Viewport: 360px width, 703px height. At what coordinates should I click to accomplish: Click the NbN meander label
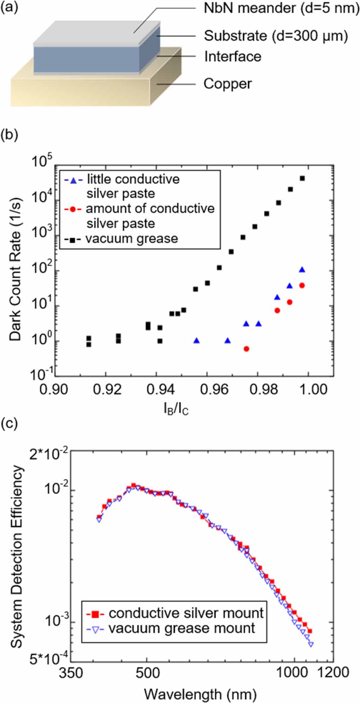coord(281,8)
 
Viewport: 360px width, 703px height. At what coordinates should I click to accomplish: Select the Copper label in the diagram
coord(228,84)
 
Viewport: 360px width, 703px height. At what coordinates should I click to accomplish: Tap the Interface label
coord(233,57)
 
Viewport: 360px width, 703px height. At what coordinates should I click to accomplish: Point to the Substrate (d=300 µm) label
coord(276,36)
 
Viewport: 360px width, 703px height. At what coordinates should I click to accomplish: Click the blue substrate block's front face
coord(86,59)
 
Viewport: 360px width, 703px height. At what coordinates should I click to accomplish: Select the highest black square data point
coord(302,178)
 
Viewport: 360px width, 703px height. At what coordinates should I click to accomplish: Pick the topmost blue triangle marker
coord(302,270)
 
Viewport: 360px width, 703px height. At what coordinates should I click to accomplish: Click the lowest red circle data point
coord(246,349)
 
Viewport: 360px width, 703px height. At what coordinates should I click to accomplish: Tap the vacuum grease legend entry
coord(131,239)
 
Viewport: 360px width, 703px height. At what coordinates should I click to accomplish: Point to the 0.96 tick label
coord(207,389)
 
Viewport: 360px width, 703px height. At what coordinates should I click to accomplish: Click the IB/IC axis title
coord(176,409)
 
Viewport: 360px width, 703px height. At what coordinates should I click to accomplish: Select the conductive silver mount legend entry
coord(185,613)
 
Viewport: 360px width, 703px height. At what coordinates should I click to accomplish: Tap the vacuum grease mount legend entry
coord(181,628)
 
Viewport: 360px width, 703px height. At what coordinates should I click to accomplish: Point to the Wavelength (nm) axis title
coord(200,694)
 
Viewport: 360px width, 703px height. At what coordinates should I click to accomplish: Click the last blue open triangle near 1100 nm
coord(311,644)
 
